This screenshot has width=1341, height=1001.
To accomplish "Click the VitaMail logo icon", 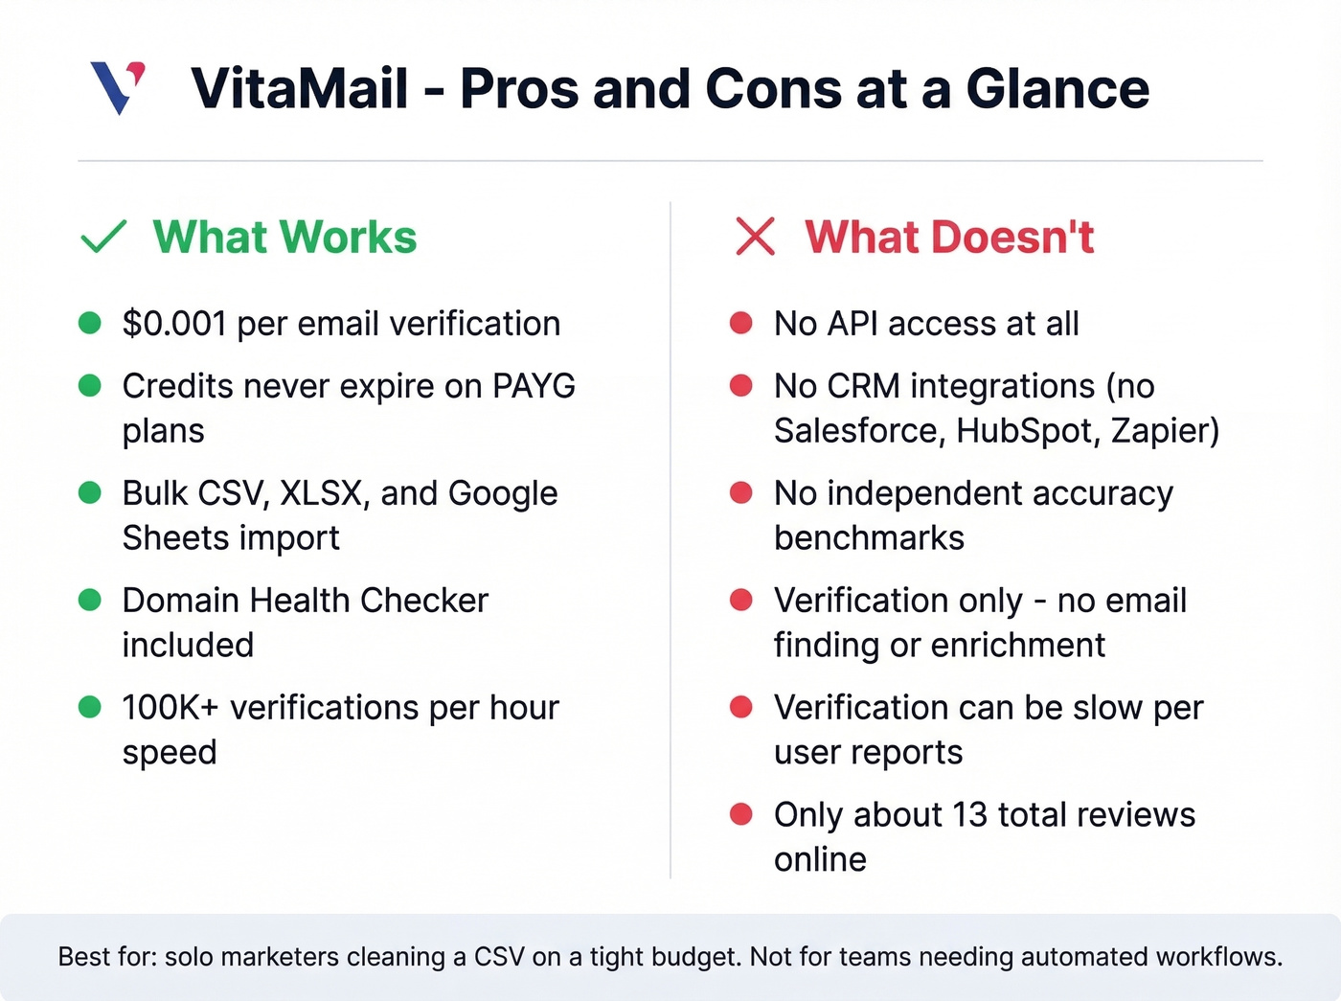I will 118,87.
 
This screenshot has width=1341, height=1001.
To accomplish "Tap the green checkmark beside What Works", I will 103,237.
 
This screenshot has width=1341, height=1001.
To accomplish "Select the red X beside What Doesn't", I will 755,237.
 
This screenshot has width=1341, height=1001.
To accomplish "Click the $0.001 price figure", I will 173,324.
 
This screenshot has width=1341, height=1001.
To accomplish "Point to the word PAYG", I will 534,386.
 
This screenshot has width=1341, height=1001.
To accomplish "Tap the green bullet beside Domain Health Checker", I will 90,601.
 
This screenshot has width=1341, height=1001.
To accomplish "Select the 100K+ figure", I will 170,708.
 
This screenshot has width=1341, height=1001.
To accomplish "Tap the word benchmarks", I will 869,538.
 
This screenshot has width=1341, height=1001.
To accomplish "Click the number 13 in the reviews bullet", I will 969,815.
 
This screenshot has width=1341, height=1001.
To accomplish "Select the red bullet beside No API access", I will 740,324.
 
